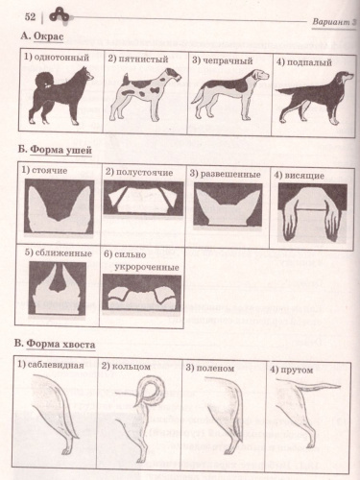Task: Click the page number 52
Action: pyautogui.click(x=30, y=16)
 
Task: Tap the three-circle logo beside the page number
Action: pyautogui.click(x=59, y=15)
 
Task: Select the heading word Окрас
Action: pyautogui.click(x=48, y=36)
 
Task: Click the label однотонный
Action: pyautogui.click(x=61, y=58)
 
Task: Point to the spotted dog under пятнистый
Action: pyautogui.click(x=145, y=94)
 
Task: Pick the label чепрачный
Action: pyautogui.click(x=228, y=60)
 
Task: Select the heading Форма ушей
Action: pyautogui.click(x=60, y=150)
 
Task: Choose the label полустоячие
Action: pyautogui.click(x=145, y=173)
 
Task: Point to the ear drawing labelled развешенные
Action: pyautogui.click(x=228, y=204)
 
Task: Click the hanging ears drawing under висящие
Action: pyautogui.click(x=312, y=212)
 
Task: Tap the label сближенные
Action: pyautogui.click(x=63, y=253)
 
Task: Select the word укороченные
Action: pyautogui.click(x=147, y=267)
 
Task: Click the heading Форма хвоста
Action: pyautogui.click(x=60, y=345)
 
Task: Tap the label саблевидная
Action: pyautogui.click(x=56, y=365)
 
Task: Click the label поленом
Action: pyautogui.click(x=215, y=369)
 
